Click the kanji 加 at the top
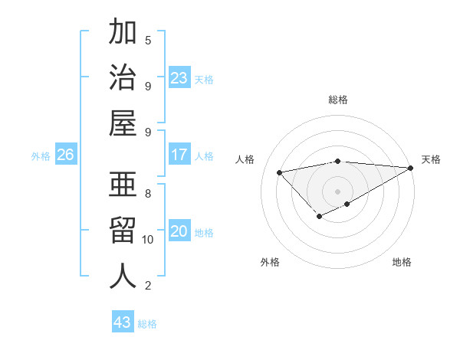(123, 32)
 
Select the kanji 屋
(123, 123)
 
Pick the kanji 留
(123, 230)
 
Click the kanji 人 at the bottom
(123, 276)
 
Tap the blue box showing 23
(179, 78)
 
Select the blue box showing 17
(179, 155)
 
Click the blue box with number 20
(179, 232)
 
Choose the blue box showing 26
(65, 155)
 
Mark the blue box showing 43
(123, 322)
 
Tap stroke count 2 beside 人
(148, 286)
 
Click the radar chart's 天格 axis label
(431, 159)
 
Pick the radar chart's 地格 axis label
(402, 262)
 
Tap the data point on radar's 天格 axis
(412, 168)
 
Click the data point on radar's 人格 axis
(279, 172)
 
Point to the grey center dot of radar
(338, 191)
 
